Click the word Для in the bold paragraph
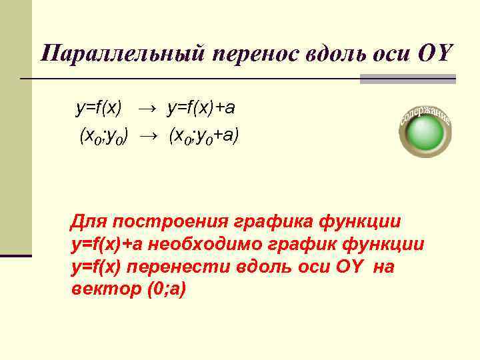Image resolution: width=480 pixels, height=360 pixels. point(89,221)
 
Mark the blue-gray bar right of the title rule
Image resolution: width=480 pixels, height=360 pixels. point(407,79)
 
